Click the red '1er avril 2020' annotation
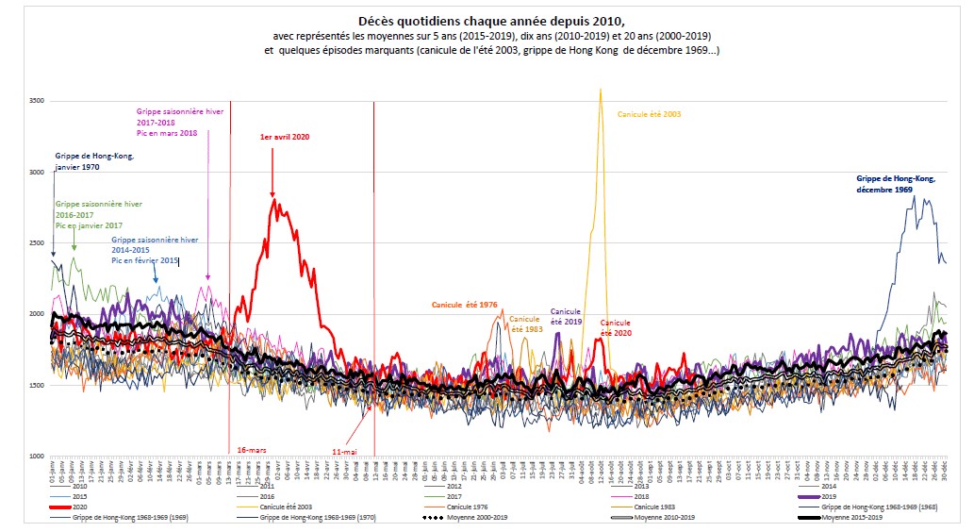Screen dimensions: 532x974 point(285,137)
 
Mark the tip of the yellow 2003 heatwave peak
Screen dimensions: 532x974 point(601,90)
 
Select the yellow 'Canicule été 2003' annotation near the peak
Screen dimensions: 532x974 point(649,114)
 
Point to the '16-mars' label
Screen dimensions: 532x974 point(251,450)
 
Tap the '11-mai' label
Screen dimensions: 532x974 point(343,452)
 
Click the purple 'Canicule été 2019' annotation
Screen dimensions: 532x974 point(566,316)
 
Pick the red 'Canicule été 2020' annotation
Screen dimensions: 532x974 point(616,327)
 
